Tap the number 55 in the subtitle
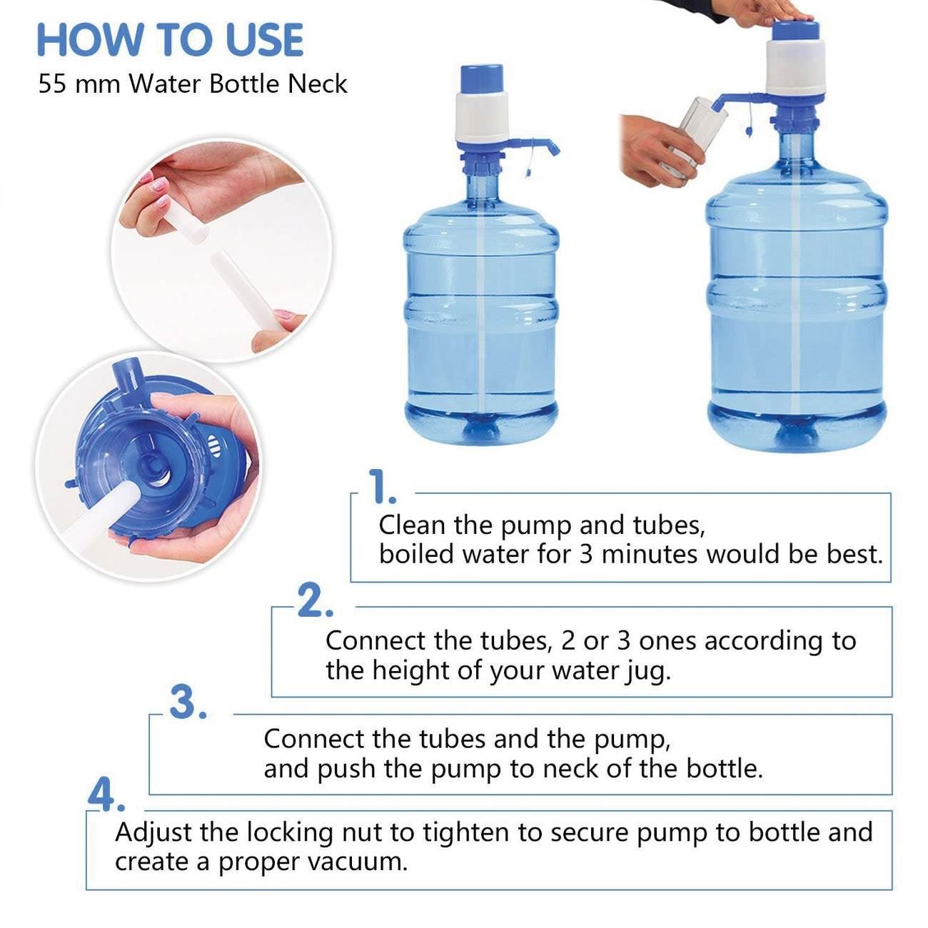pos(52,84)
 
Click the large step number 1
pos(382,487)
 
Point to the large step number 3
pos(188,702)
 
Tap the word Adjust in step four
pos(153,833)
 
